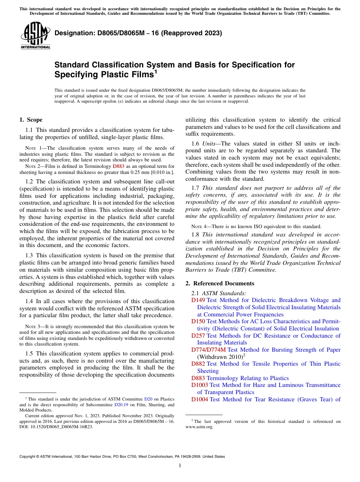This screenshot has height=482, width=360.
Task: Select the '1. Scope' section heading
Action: (x=31, y=120)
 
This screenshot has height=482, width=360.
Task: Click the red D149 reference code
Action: (x=198, y=300)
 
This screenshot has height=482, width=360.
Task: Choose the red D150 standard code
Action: (x=198, y=321)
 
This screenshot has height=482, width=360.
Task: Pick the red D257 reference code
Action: (x=198, y=336)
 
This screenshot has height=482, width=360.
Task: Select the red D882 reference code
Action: (x=198, y=364)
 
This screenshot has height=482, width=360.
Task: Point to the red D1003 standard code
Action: (x=200, y=385)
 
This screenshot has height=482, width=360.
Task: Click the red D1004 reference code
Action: (x=200, y=399)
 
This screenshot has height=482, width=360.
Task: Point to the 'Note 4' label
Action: (x=199, y=227)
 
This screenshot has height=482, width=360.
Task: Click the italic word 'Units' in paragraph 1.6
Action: (x=209, y=144)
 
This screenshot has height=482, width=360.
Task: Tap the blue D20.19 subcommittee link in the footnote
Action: (x=121, y=405)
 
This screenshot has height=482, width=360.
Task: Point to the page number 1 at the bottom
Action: (x=180, y=465)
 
